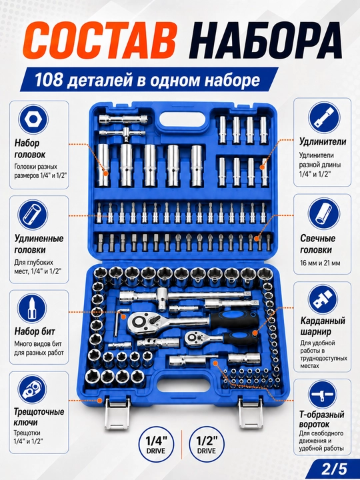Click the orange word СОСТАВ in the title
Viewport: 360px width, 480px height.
click(99, 41)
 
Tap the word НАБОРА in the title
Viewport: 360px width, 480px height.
click(267, 41)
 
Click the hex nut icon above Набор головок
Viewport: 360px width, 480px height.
click(33, 119)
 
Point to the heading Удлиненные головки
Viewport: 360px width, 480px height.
click(39, 244)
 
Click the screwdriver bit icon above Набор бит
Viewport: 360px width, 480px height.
click(33, 309)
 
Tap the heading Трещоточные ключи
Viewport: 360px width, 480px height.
click(39, 417)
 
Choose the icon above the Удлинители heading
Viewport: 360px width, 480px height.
click(324, 118)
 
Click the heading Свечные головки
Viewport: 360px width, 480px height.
click(318, 244)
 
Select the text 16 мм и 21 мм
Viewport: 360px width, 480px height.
click(320, 263)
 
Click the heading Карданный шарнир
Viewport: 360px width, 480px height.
click(322, 326)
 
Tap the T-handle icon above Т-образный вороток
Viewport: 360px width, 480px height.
click(322, 394)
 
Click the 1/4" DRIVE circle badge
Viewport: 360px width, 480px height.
click(156, 445)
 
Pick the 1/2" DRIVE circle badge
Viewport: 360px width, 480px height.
click(207, 445)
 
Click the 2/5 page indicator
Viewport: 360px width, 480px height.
click(338, 469)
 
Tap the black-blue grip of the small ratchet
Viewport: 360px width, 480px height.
click(239, 338)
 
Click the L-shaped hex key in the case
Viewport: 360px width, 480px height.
click(119, 322)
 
